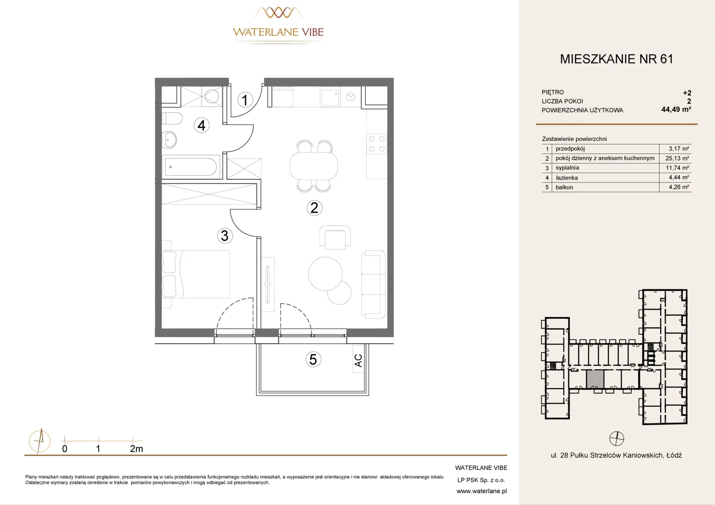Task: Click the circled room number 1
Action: (245, 100)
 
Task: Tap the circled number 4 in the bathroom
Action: (201, 125)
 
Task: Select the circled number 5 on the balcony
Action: (313, 359)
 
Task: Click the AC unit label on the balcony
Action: (358, 361)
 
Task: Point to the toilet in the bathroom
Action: (172, 118)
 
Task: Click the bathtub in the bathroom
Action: (191, 166)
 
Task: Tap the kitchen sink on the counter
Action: (330, 97)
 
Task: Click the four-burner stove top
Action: (377, 144)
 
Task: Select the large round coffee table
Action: (325, 274)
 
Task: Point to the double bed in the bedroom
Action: (196, 274)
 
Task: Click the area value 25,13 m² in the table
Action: (677, 158)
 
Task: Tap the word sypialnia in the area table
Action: (567, 168)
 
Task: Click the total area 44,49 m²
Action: (676, 109)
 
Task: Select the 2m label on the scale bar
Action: (136, 449)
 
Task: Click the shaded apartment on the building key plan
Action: (595, 379)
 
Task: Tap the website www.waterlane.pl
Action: (482, 491)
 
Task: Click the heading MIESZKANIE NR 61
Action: (617, 59)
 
